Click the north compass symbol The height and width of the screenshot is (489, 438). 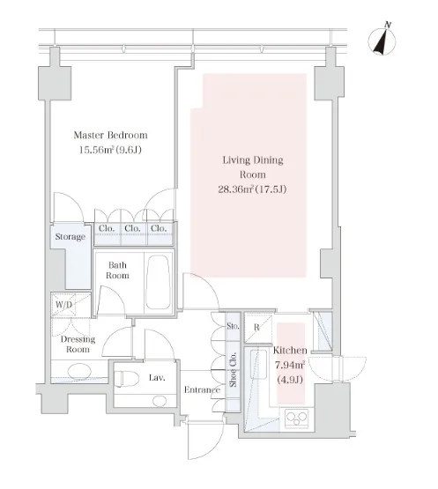coord(382,41)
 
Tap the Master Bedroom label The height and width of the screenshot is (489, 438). coord(110,135)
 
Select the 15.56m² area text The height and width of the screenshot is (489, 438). coord(110,150)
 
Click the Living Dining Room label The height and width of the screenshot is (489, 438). coord(253,167)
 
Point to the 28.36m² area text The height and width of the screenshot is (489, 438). coord(252,189)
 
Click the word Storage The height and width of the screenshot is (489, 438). coord(71,237)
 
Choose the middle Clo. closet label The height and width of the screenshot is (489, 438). coord(132,228)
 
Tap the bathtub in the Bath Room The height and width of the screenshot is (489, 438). coord(159,282)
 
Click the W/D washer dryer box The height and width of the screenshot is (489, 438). coord(63,304)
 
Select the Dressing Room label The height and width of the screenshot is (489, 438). coord(78,345)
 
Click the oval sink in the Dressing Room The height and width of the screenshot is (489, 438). coord(79,371)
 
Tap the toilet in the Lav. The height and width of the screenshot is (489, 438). coord(126,379)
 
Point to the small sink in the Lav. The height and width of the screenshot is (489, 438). coord(160,401)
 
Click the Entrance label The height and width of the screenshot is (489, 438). coord(202,389)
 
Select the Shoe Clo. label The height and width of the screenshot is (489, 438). coord(233,370)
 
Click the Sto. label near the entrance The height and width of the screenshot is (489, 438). coord(233,326)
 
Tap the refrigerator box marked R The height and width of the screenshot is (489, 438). coord(257,328)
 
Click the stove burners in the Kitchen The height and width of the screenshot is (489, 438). coord(297,419)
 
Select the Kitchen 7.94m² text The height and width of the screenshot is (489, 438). coord(290,365)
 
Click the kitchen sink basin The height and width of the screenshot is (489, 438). coord(258,362)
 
